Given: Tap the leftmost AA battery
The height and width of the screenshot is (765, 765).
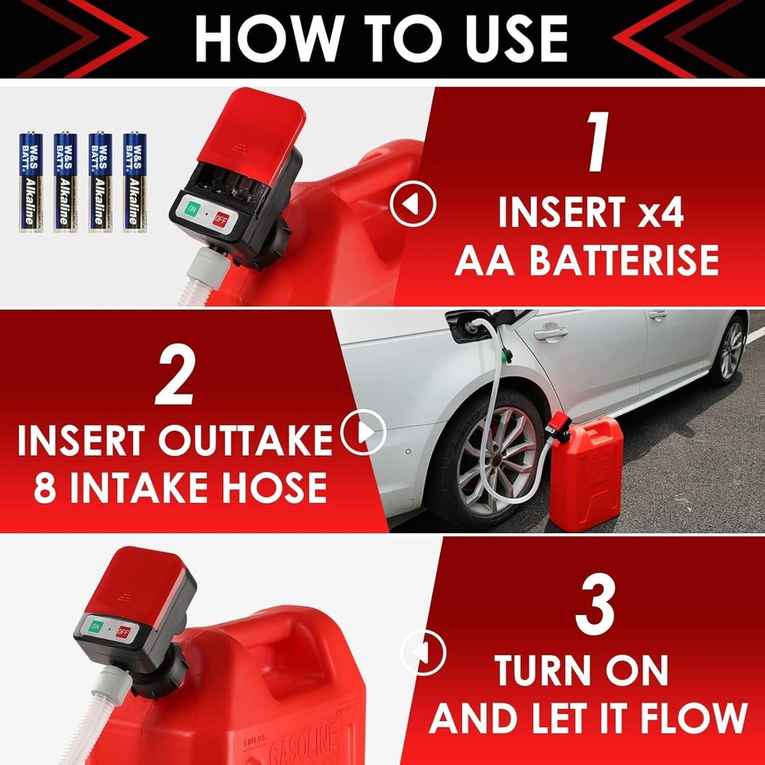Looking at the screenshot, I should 30,182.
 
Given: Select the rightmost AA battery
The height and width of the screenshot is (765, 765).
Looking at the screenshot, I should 134,182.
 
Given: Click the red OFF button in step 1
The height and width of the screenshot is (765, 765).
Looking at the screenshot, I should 219,219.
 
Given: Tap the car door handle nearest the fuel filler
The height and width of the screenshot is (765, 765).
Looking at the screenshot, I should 550,333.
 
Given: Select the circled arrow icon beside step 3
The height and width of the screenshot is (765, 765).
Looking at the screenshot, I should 422,652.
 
